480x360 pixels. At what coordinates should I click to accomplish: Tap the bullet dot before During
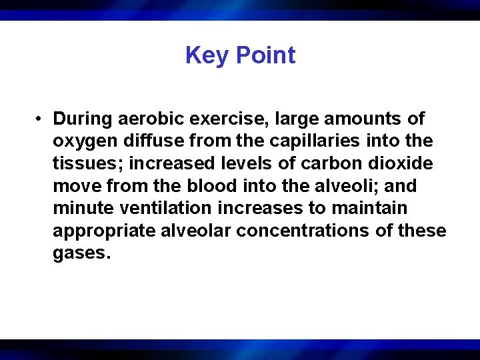pyautogui.click(x=41, y=119)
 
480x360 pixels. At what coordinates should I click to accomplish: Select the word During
pyautogui.click(x=83, y=119)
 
